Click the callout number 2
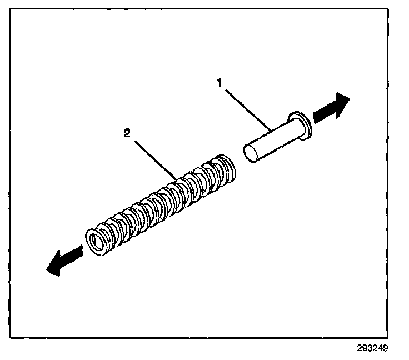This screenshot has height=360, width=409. click(x=128, y=133)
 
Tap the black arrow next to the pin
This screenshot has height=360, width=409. click(x=332, y=109)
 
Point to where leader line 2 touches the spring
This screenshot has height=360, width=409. click(x=177, y=179)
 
